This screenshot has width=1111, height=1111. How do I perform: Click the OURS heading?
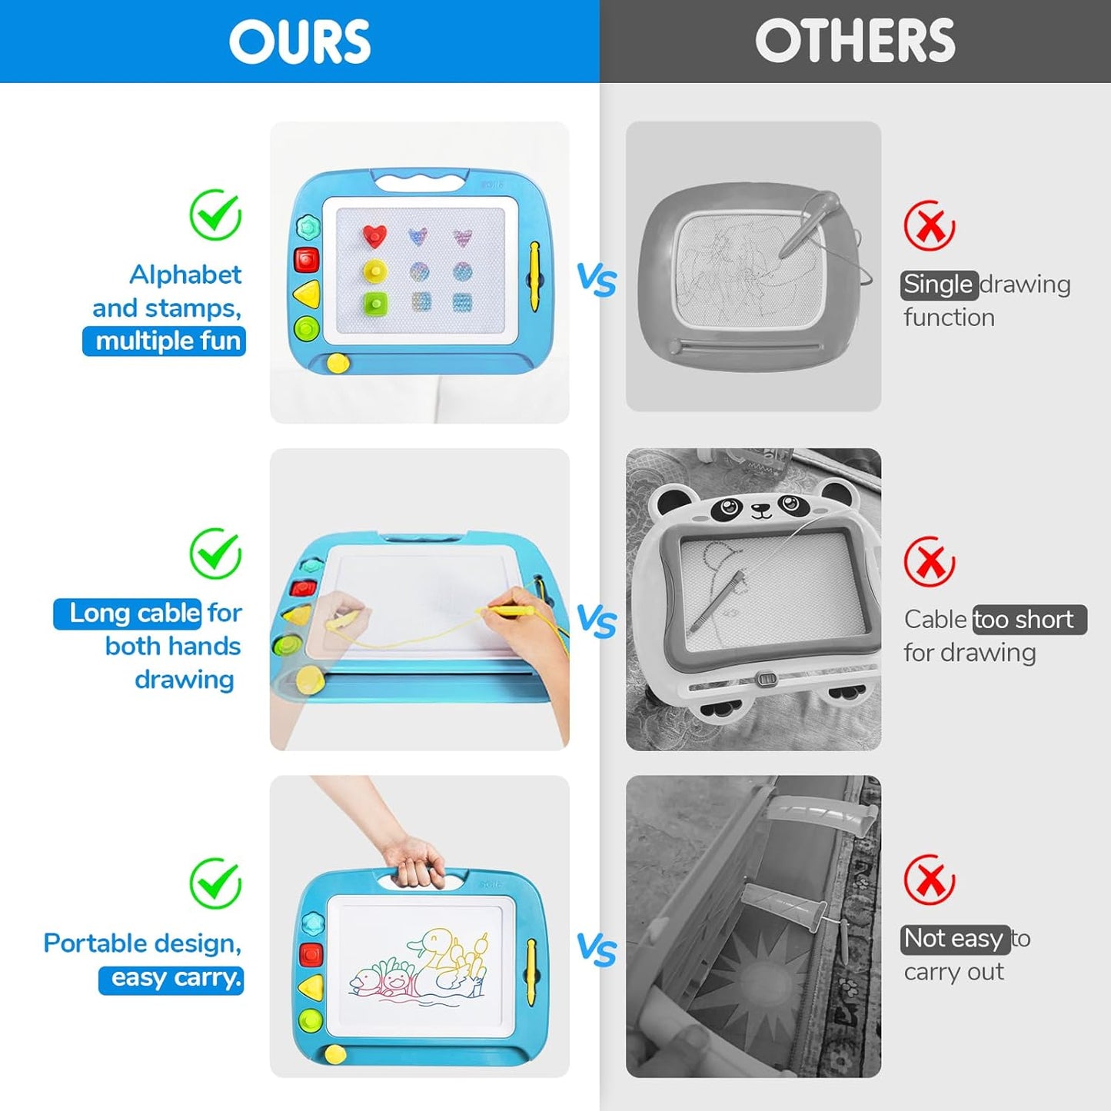(300, 41)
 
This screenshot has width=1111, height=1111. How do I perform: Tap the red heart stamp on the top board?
(374, 236)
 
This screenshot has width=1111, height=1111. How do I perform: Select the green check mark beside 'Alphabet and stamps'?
(215, 215)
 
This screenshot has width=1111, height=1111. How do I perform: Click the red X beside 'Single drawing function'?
(930, 225)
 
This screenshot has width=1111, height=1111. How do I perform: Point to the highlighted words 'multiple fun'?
(165, 341)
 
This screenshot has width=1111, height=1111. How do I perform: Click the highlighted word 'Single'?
(940, 284)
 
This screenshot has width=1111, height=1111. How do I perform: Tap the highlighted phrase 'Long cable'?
(128, 614)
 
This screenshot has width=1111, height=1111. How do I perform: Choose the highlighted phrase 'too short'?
(1030, 620)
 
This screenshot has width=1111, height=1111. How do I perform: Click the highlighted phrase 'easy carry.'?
(171, 979)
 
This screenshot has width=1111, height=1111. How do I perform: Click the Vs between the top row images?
(597, 281)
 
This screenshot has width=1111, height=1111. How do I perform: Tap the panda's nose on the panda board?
(762, 507)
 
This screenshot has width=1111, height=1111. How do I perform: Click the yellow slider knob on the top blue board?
(338, 363)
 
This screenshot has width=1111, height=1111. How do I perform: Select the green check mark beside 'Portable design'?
(215, 883)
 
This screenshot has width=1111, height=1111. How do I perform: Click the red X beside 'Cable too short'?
(930, 561)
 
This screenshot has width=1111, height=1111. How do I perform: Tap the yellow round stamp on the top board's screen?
(375, 271)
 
